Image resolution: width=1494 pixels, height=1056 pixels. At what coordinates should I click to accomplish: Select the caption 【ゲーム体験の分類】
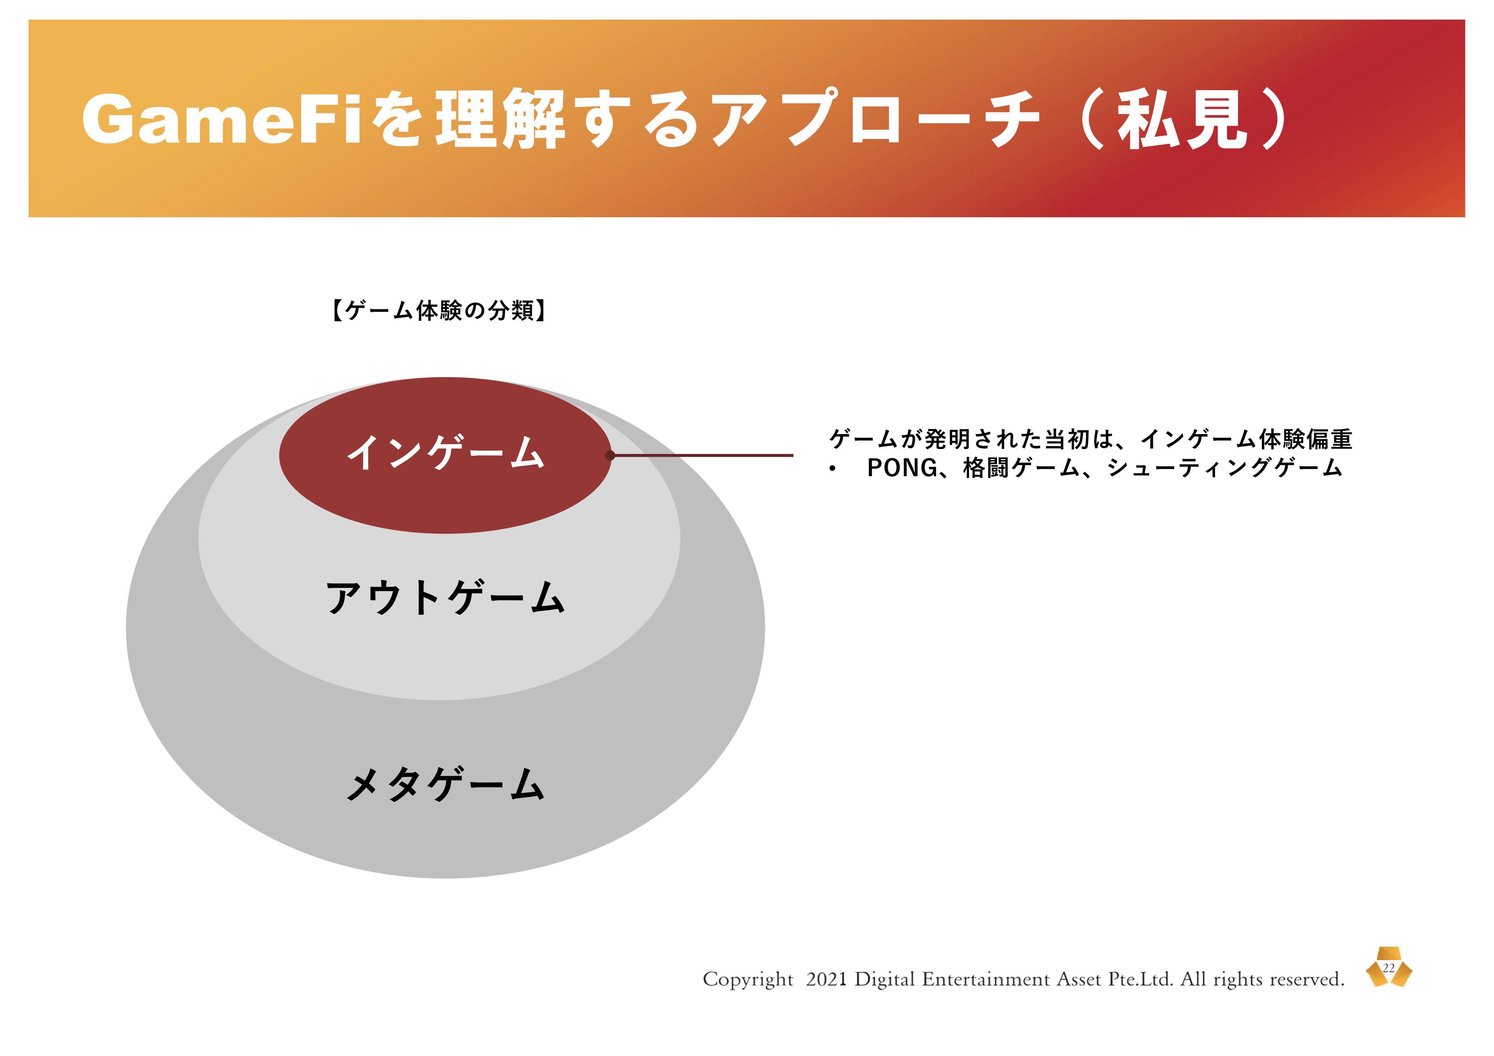[439, 311]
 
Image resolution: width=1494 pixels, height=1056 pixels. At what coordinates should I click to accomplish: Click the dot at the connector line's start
[610, 455]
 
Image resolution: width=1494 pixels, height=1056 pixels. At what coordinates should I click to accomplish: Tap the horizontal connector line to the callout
[701, 455]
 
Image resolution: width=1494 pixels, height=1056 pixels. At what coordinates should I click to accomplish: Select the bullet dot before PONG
[833, 469]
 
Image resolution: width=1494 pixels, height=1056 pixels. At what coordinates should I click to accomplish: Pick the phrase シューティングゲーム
[1224, 468]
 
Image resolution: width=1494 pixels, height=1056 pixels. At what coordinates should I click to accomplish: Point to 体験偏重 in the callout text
[1305, 439]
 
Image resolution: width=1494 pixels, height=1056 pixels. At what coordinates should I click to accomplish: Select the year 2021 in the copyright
[826, 979]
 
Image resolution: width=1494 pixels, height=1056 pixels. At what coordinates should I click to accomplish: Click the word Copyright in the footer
[748, 980]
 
